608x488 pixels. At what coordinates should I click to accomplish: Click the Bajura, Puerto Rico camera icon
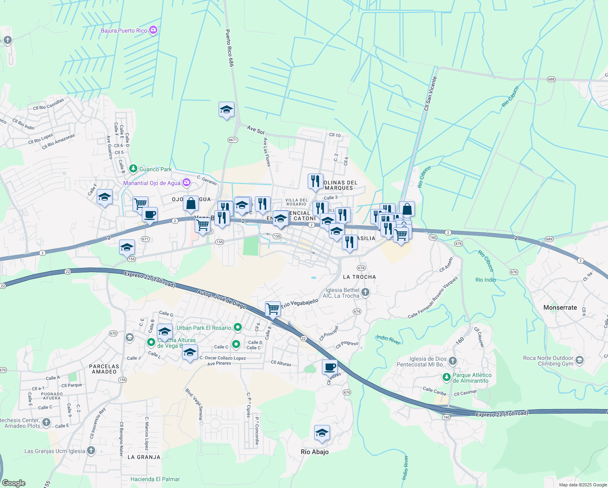tap(153, 30)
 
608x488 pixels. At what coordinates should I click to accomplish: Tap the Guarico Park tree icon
tap(133, 168)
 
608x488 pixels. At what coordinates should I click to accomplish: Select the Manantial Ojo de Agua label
tap(152, 183)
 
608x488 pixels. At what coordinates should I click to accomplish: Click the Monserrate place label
tap(560, 307)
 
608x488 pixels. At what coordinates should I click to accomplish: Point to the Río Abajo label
tap(315, 452)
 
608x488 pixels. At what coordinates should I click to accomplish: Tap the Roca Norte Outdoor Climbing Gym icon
tap(580, 360)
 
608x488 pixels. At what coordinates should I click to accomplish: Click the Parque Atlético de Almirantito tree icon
tap(447, 377)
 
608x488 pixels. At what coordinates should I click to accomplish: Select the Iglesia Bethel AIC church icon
tap(365, 292)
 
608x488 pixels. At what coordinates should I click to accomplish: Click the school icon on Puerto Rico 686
tap(226, 110)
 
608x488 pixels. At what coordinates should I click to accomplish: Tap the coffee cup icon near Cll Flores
tap(330, 367)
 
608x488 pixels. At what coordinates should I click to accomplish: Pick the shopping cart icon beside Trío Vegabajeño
tap(273, 309)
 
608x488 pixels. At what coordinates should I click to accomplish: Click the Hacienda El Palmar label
tap(155, 479)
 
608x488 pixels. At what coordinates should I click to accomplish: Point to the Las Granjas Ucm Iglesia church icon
tap(91, 450)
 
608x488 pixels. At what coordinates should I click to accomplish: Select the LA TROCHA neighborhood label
tap(359, 277)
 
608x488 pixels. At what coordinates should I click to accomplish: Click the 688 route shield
tap(551, 79)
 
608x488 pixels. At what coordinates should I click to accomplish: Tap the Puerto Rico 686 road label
tap(230, 48)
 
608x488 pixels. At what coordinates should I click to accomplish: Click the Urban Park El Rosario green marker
tap(238, 327)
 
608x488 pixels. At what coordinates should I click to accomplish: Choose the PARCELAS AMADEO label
tap(104, 369)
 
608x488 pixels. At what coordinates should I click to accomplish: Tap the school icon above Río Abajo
tap(322, 433)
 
